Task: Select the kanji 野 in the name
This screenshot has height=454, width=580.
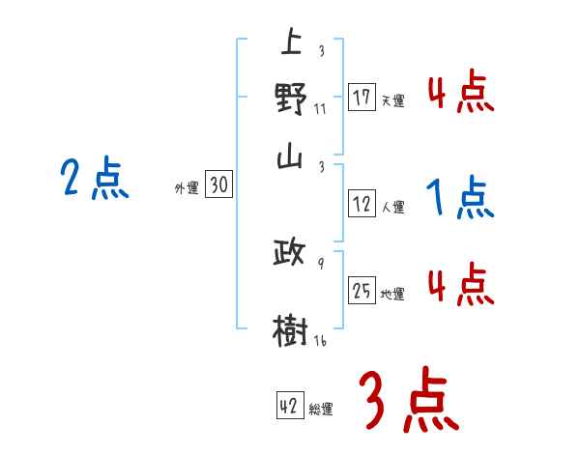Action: coord(291,99)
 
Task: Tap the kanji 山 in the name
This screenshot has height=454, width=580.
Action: coord(290,158)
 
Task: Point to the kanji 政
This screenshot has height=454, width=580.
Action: coord(290,254)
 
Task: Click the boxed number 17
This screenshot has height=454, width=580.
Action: coord(362,97)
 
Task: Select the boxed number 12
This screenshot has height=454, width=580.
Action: coord(362,204)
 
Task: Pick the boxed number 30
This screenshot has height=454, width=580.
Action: coord(218,185)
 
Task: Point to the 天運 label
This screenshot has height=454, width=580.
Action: coord(392,100)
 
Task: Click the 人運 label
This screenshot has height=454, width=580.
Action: coord(392,207)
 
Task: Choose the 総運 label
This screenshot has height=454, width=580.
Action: coord(321,410)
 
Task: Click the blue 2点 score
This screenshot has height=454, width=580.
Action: coord(94,180)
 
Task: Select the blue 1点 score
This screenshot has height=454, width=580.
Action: coord(460,199)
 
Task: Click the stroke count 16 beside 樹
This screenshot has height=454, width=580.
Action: coord(319,341)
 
